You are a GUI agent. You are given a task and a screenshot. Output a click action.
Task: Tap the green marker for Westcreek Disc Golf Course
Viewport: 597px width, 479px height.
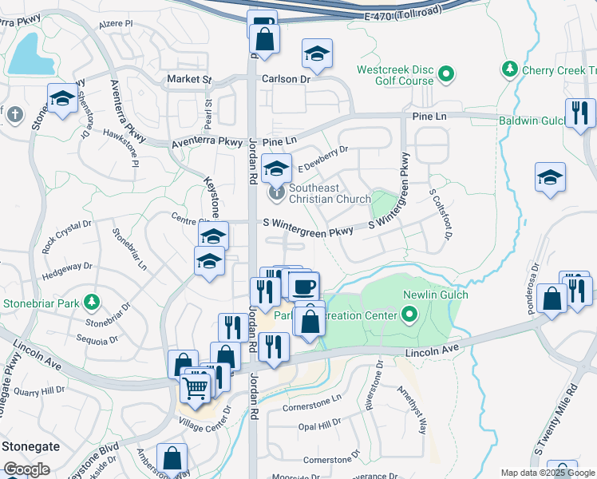coord(446,76)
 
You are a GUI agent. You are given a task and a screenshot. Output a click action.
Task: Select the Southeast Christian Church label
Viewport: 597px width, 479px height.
coord(330,194)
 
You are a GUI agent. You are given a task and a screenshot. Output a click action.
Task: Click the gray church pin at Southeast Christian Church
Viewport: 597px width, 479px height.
coord(276,192)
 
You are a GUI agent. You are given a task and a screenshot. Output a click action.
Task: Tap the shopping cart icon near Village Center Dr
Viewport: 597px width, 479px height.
coord(195,388)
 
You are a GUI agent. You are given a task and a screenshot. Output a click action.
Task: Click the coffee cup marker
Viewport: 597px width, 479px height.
coord(302,285)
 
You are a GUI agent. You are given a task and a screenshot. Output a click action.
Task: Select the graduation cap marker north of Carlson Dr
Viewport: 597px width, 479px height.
coord(317,53)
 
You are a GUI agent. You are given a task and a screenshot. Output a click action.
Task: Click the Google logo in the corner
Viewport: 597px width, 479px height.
coord(26,469)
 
